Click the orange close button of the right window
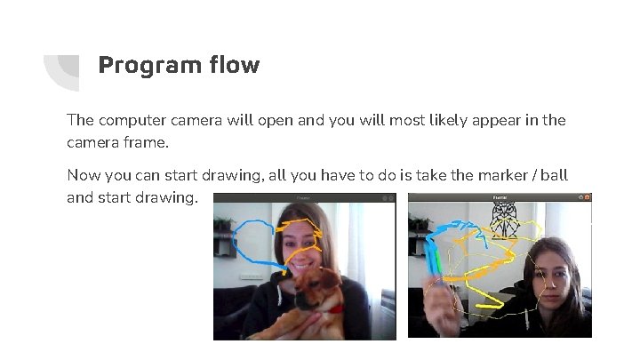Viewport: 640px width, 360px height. [587, 197]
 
